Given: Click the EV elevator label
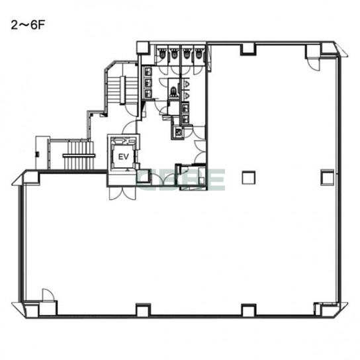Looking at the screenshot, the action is click(x=123, y=157).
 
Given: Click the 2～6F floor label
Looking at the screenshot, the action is click(x=27, y=25).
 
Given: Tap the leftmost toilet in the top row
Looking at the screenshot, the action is click(x=162, y=53).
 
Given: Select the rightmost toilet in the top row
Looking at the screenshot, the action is click(x=199, y=53).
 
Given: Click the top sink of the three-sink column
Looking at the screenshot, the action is click(x=148, y=71).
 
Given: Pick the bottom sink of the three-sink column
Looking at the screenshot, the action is click(x=148, y=93).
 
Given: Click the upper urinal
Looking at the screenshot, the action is click(x=187, y=84).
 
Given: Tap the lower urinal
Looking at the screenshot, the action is click(x=187, y=95).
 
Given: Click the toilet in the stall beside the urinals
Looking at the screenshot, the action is click(x=173, y=91).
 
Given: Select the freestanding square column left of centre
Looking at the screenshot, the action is click(x=249, y=178).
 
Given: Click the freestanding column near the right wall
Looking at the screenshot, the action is click(x=327, y=177).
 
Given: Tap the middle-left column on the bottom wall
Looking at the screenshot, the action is click(x=143, y=310).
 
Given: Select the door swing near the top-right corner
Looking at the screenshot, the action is click(x=314, y=64).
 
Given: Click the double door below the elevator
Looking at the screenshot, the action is click(x=122, y=193).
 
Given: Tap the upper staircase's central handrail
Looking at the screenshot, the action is click(x=122, y=90).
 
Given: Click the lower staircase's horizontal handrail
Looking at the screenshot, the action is click(x=79, y=156).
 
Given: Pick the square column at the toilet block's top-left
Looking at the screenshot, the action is click(x=143, y=48).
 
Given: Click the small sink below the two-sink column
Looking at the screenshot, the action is click(x=179, y=132).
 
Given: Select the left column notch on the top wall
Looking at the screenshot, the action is click(x=248, y=50).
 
